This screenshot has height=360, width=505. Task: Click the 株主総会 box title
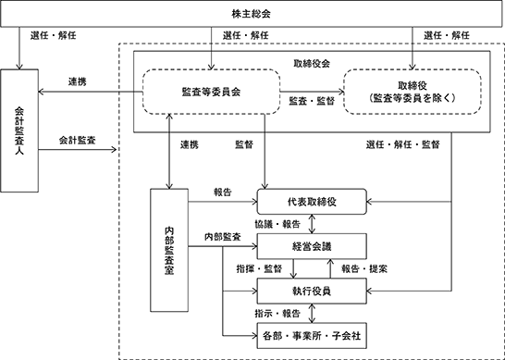pyautogui.click(x=252, y=14)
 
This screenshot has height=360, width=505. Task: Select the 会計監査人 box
pyautogui.click(x=19, y=130)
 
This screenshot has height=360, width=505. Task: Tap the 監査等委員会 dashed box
pyautogui.click(x=211, y=92)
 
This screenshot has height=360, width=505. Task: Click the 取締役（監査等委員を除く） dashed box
pyautogui.click(x=413, y=92)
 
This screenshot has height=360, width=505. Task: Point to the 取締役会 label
pyautogui.click(x=312, y=64)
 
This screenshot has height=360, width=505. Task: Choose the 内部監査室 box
pyautogui.click(x=169, y=250)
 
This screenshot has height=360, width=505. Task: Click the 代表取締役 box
pyautogui.click(x=312, y=202)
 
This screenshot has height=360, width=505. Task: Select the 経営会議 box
pyautogui.click(x=312, y=246)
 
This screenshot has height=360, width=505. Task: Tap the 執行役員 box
pyautogui.click(x=312, y=291)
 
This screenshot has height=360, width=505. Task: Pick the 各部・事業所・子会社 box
pyautogui.click(x=312, y=336)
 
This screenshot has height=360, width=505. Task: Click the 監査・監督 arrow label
pyautogui.click(x=312, y=101)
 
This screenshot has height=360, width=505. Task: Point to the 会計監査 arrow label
pyautogui.click(x=78, y=140)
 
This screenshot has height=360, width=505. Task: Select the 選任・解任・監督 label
pyautogui.click(x=403, y=144)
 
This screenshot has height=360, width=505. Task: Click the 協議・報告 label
pyautogui.click(x=277, y=224)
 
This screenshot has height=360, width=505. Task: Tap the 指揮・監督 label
pyautogui.click(x=259, y=268)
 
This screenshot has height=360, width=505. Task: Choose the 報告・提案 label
pyautogui.click(x=364, y=268)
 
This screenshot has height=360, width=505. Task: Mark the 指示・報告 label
pyautogui.click(x=277, y=314)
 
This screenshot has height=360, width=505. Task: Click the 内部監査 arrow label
pyautogui.click(x=223, y=237)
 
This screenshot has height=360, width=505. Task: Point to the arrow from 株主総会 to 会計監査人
pyautogui.click(x=19, y=48)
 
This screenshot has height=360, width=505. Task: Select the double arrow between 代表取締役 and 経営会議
pyautogui.click(x=312, y=224)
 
